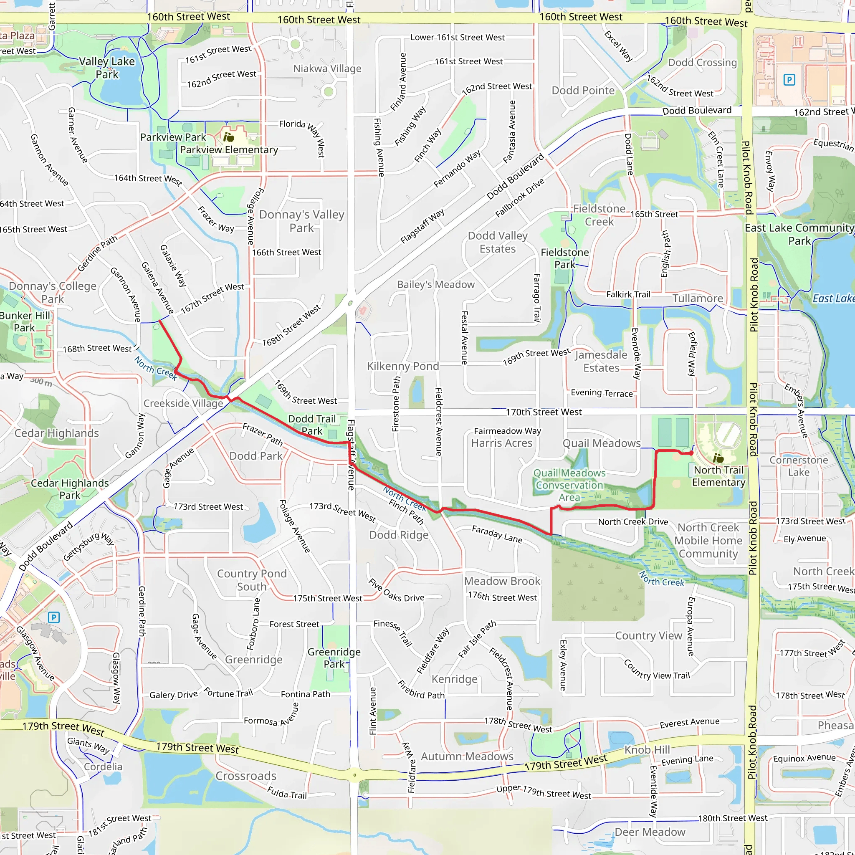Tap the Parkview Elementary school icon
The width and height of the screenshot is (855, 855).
tap(228, 137)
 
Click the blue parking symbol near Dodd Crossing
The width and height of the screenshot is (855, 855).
tap(789, 80)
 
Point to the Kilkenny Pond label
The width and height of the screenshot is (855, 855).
tap(403, 366)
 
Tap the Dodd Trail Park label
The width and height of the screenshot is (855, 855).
tap(312, 425)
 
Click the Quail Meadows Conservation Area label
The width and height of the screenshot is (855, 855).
tap(569, 485)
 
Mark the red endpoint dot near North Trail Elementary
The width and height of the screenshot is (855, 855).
tap(691, 453)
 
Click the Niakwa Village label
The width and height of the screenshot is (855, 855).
tap(327, 68)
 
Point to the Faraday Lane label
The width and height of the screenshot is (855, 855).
tap(496, 534)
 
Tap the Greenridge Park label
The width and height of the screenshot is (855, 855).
tap(334, 658)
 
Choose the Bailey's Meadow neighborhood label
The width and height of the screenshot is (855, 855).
tap(435, 285)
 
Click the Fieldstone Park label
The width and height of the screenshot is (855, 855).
tap(565, 258)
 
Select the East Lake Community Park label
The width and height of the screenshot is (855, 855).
tap(799, 234)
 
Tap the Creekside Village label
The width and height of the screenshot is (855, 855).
tap(183, 403)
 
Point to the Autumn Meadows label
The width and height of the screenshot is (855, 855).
tap(467, 756)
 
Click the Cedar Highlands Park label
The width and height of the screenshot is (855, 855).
tap(69, 489)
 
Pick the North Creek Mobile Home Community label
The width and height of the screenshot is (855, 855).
tap(708, 540)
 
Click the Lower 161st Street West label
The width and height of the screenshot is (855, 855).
tap(457, 38)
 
